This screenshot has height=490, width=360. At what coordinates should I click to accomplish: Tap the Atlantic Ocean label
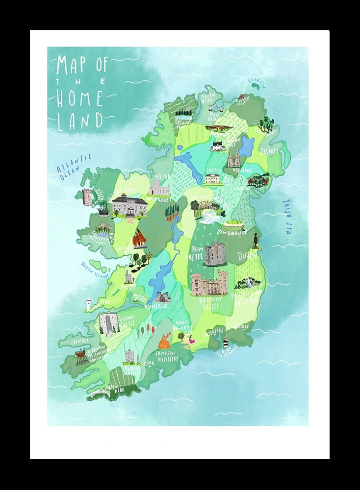pos(74,167)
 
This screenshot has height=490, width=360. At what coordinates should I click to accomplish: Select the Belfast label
pos(269,151)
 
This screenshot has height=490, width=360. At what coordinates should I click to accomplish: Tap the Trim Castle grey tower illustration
pos(215,253)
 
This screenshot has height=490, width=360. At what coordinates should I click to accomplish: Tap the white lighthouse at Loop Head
pos(88,305)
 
